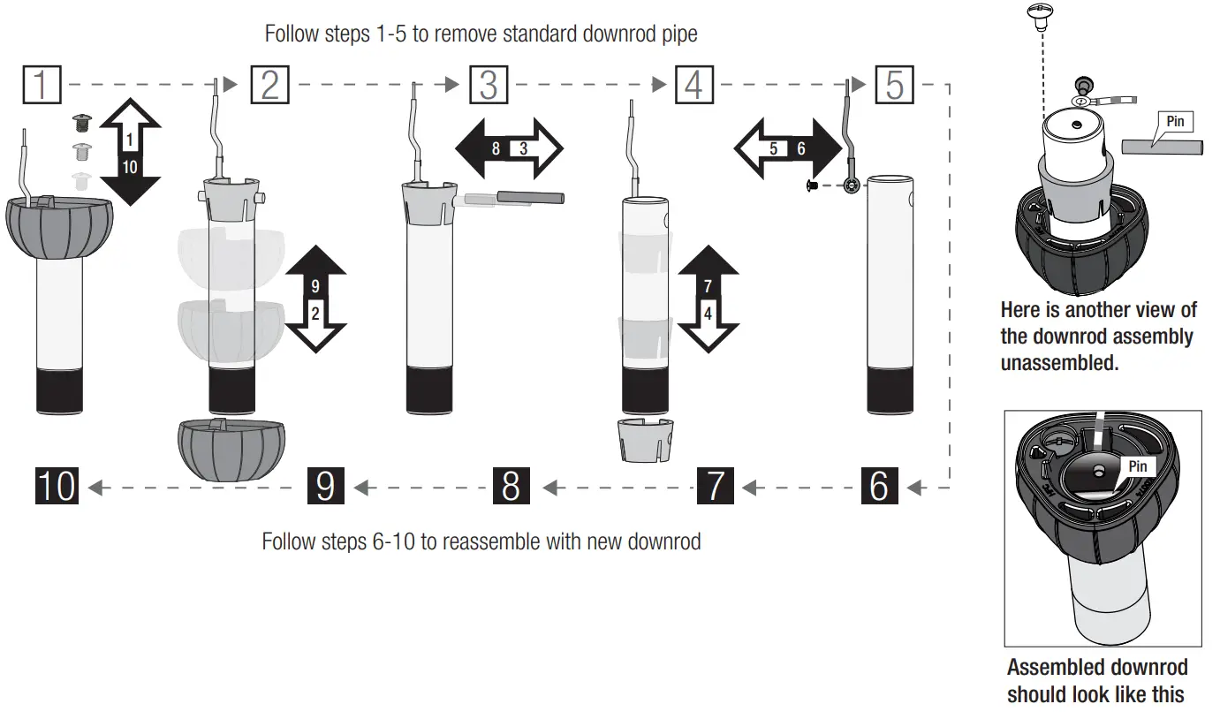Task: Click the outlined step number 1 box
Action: click(42, 86)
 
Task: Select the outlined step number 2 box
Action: click(270, 86)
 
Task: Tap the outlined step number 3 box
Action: click(489, 86)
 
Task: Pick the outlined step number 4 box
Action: click(694, 86)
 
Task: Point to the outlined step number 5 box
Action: click(894, 86)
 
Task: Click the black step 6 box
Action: click(879, 486)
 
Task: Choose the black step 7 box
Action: click(715, 486)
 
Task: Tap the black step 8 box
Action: click(511, 486)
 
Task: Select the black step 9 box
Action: click(325, 486)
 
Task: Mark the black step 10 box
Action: click(57, 486)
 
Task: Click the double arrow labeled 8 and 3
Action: click(509, 148)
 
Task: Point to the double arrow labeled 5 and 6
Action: click(787, 149)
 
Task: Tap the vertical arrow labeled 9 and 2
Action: click(315, 299)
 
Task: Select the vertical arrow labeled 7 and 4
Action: click(708, 299)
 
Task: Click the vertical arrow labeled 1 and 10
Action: click(129, 153)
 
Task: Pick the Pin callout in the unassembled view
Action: click(1174, 121)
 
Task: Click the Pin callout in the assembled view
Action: click(1137, 465)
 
